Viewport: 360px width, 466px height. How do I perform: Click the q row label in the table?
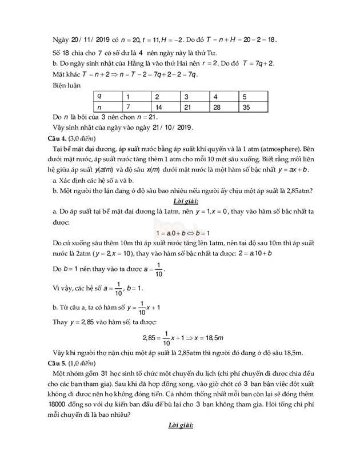(x=100, y=96)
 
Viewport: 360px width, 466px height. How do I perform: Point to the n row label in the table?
(x=100, y=107)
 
